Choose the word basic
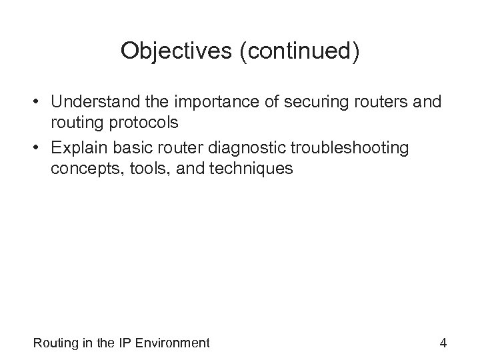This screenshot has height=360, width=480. point(139,148)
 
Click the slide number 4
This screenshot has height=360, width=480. point(443,343)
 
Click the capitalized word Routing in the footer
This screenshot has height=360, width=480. point(54,343)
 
